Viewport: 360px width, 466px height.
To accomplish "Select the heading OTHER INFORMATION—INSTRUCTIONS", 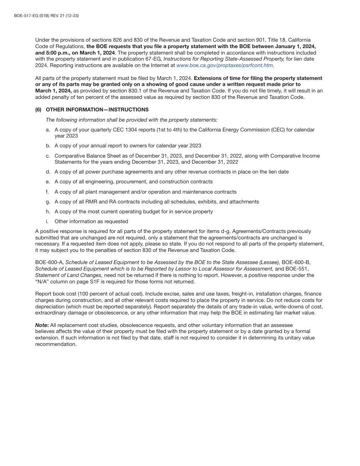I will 97,109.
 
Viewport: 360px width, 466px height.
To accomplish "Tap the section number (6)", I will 38,109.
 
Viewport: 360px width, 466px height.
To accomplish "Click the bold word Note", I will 41,325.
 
